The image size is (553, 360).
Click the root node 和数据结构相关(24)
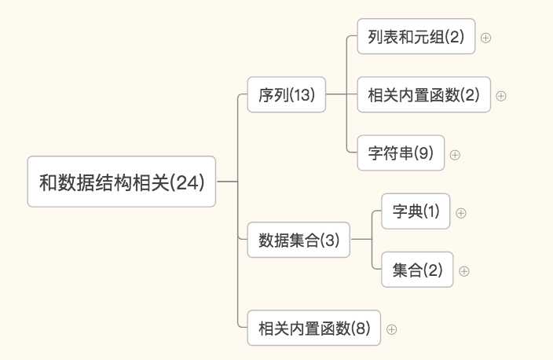[x=122, y=182]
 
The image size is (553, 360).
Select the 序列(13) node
[x=286, y=95]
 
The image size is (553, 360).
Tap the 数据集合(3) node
[x=298, y=241]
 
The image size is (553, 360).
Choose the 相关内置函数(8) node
[x=313, y=329]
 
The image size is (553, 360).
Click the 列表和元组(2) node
[x=416, y=37]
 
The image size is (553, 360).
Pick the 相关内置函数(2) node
[x=423, y=95]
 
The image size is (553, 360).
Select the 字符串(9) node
[x=401, y=153]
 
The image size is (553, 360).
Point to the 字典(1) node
[x=416, y=211]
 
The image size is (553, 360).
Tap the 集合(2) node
[x=417, y=270]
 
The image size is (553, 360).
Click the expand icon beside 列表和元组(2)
[x=485, y=38]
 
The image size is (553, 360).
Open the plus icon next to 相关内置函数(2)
[x=501, y=96]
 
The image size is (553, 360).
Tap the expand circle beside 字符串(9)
[x=455, y=154]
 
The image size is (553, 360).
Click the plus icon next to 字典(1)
[x=461, y=212]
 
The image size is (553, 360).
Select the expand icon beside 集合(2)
[x=463, y=271]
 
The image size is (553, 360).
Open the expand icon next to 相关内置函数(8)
[x=391, y=329]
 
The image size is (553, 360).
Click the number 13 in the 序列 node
[x=302, y=96]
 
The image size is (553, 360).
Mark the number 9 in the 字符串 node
[x=424, y=154]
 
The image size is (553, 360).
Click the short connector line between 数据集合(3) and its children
[x=361, y=241]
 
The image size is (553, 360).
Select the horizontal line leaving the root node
[x=226, y=182]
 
